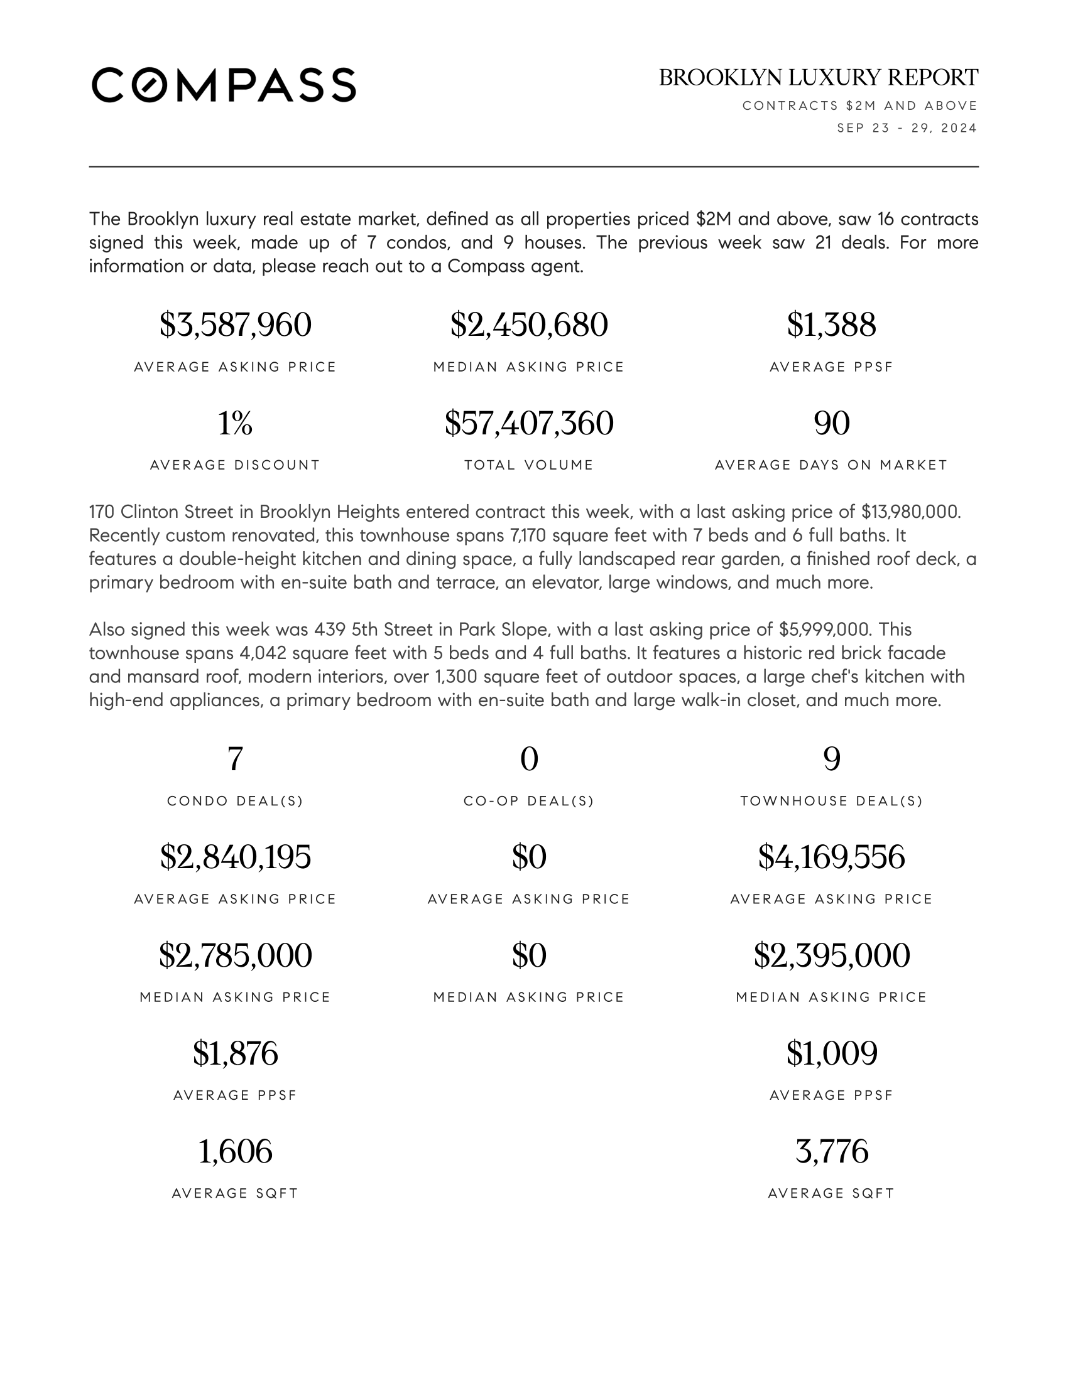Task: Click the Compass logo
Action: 224,85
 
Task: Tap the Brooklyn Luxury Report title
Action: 818,78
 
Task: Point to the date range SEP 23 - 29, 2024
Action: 907,128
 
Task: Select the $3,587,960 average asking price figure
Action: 236,325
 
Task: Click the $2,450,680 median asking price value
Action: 529,325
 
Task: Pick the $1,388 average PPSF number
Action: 831,325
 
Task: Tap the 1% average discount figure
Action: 236,423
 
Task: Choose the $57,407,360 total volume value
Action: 529,423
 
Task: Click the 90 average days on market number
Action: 831,423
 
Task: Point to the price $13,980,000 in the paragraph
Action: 910,512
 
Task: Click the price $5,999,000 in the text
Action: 823,630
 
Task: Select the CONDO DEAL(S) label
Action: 236,801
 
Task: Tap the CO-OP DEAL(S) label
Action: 529,801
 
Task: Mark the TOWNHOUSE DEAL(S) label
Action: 831,801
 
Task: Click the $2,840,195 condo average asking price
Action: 236,857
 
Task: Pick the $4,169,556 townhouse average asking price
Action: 831,857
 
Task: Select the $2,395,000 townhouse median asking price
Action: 831,955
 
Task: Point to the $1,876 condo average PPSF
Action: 236,1053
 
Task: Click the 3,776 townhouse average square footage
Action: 831,1151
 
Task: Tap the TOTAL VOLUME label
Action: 529,465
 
